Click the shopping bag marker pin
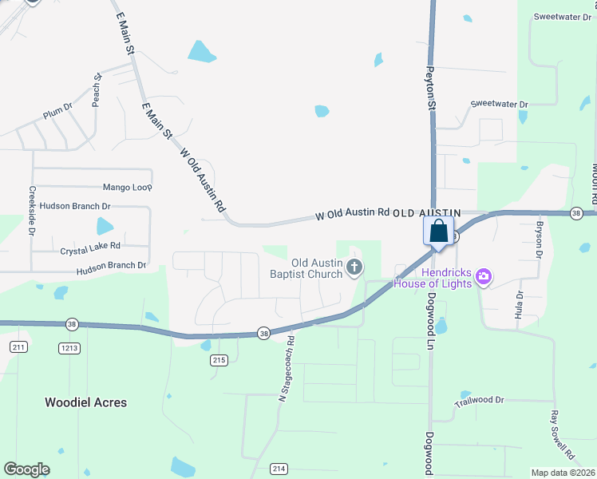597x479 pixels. [438, 232]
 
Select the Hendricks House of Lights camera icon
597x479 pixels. [482, 278]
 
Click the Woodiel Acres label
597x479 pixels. [86, 402]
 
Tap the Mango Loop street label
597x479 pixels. [127, 188]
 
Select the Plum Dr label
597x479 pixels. [57, 112]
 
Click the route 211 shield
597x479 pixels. [19, 347]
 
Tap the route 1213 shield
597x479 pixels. [69, 347]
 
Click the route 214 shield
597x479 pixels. [278, 469]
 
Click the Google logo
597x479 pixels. [27, 469]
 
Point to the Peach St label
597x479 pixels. [97, 90]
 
